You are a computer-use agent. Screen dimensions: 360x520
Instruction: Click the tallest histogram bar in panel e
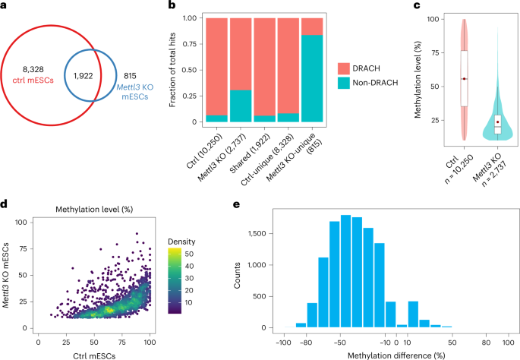tap(345, 272)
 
